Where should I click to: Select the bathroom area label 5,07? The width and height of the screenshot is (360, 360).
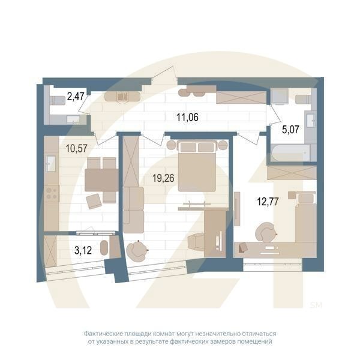pyautogui.click(x=292, y=127)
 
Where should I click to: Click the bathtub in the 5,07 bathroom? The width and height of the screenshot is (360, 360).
pyautogui.click(x=290, y=152)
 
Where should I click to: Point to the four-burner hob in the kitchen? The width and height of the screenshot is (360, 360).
pyautogui.click(x=52, y=194)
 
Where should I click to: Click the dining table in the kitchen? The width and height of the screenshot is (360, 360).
pyautogui.click(x=101, y=179)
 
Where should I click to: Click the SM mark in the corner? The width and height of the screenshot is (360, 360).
pyautogui.click(x=316, y=305)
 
